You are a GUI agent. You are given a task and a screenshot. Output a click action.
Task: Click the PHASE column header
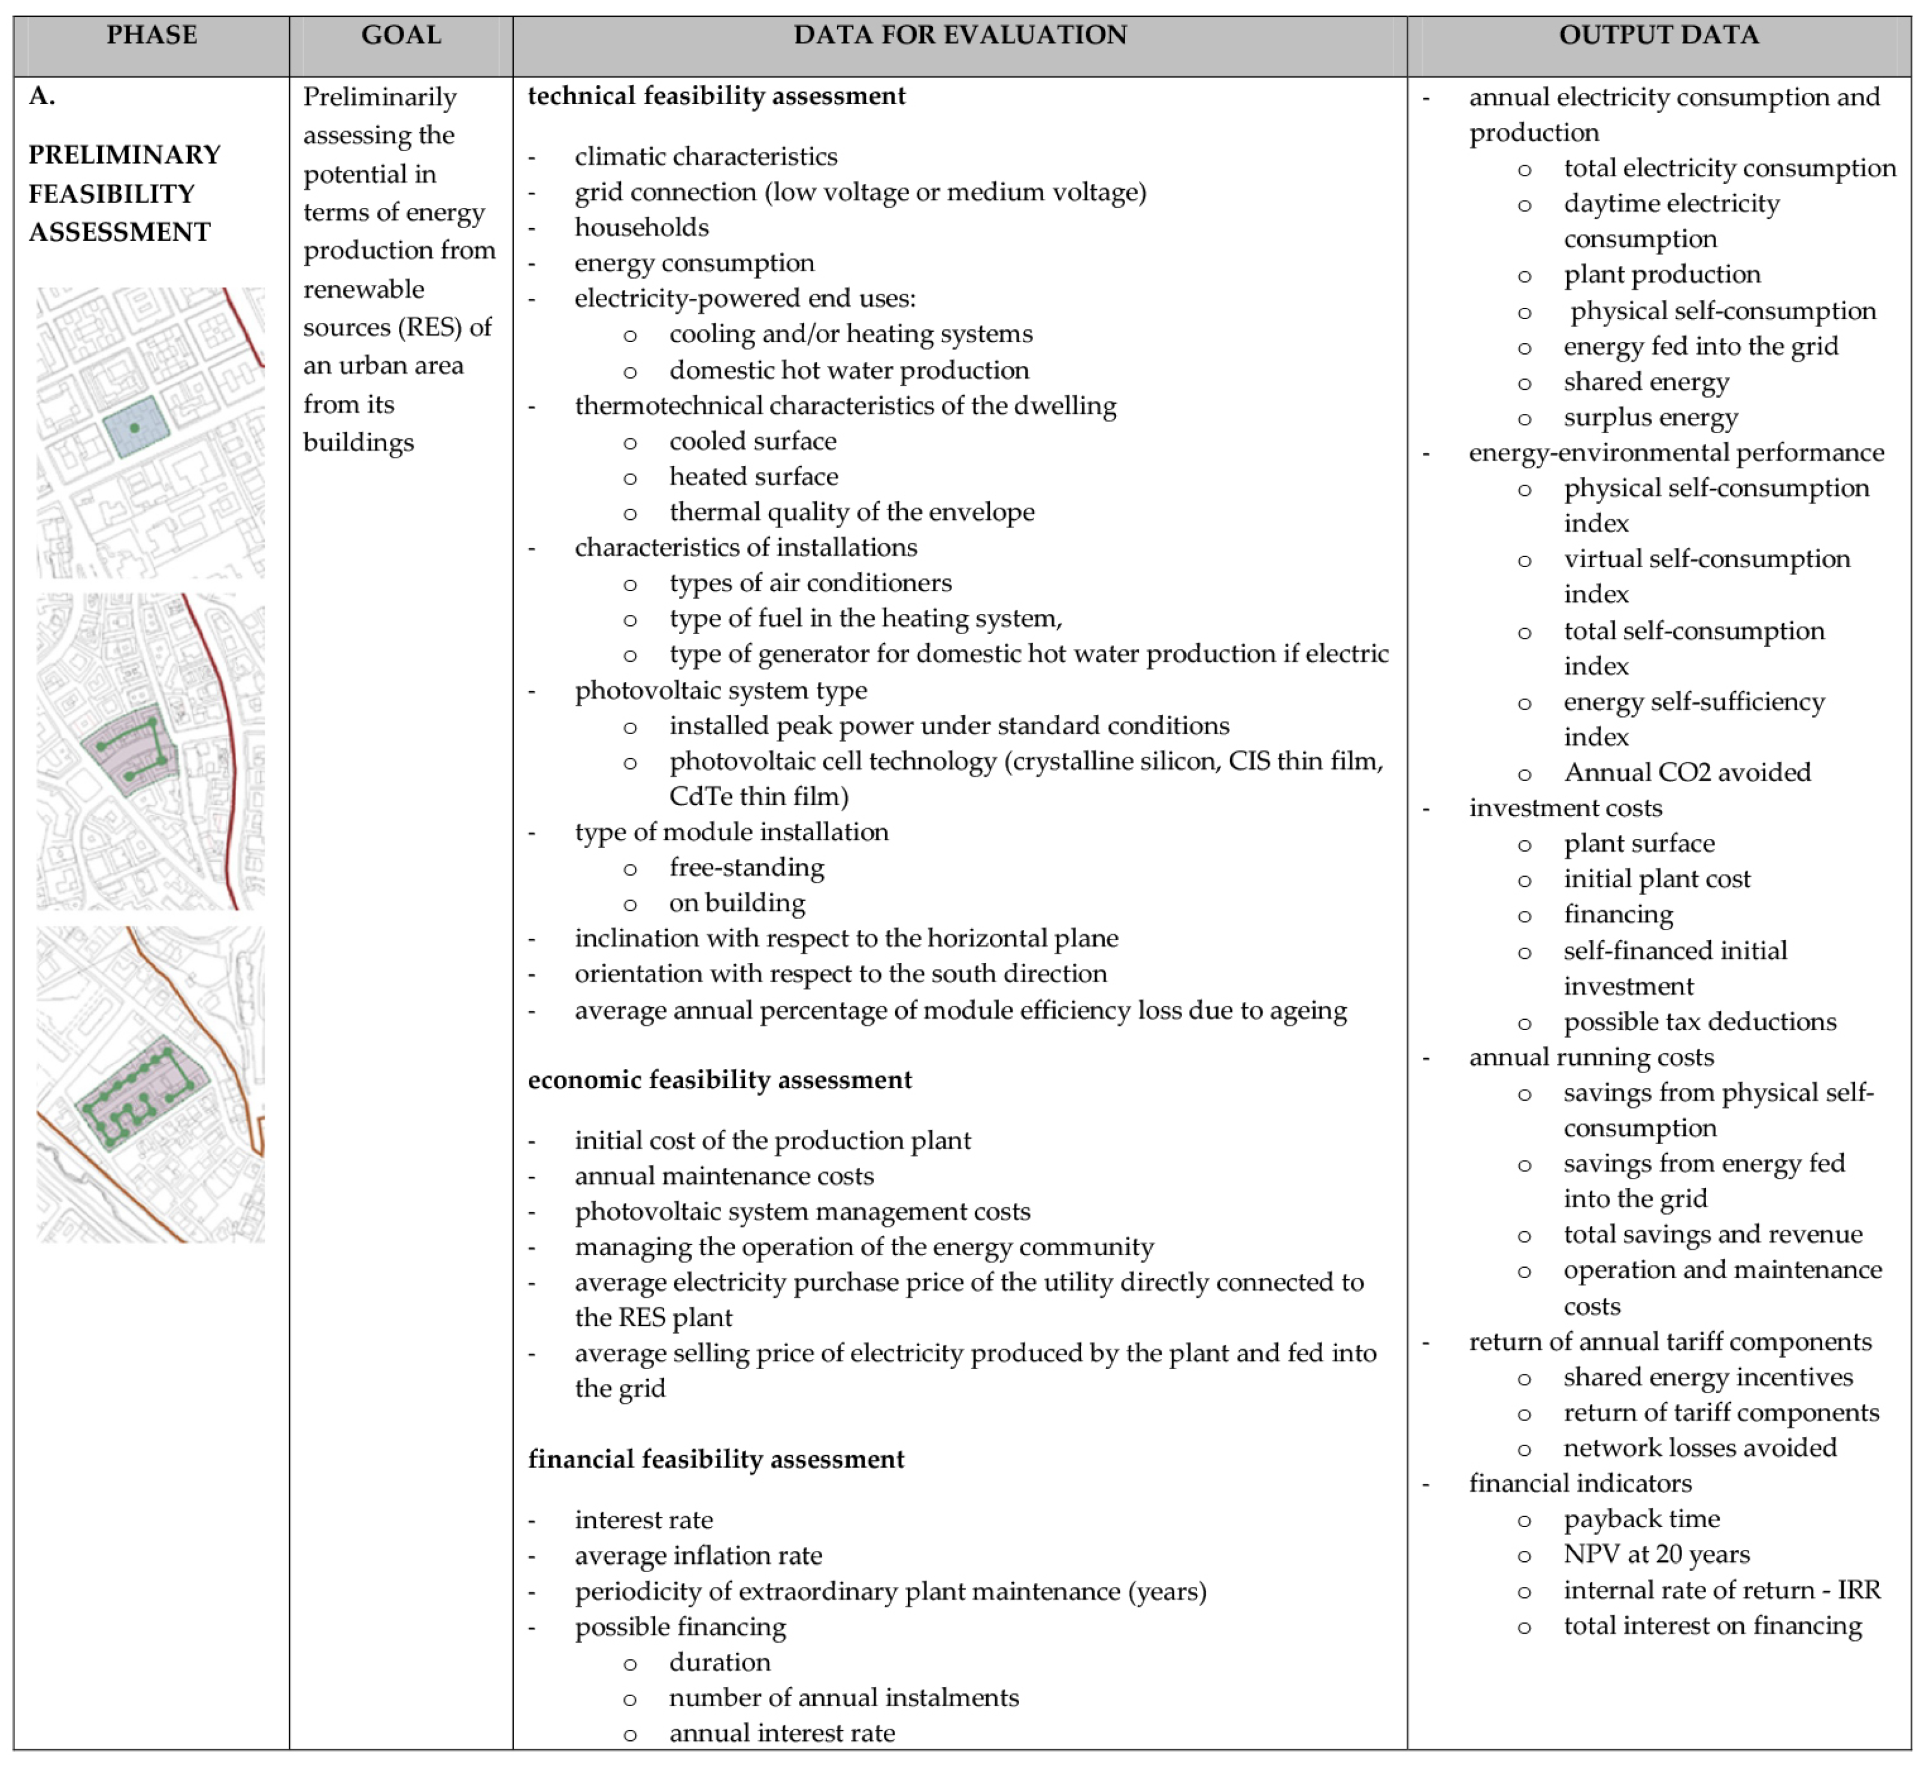pos(152,35)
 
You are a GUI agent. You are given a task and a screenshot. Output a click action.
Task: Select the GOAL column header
pos(401,35)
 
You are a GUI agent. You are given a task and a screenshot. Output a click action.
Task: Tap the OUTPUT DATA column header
pos(1658,35)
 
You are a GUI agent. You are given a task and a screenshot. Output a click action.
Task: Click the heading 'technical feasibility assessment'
pos(716,96)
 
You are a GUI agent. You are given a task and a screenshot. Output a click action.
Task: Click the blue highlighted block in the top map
pos(135,428)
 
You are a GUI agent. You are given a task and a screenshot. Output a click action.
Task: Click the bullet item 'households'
pos(641,228)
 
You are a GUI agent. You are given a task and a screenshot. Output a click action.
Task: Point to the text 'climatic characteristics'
pos(705,157)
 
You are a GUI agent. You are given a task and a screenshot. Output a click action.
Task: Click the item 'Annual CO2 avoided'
pos(1687,773)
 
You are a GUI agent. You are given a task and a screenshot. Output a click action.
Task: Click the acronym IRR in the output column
pos(1858,1590)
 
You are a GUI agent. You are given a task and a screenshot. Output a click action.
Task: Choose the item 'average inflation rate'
pos(698,1556)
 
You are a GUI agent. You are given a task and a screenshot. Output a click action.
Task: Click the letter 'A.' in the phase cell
pos(42,96)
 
